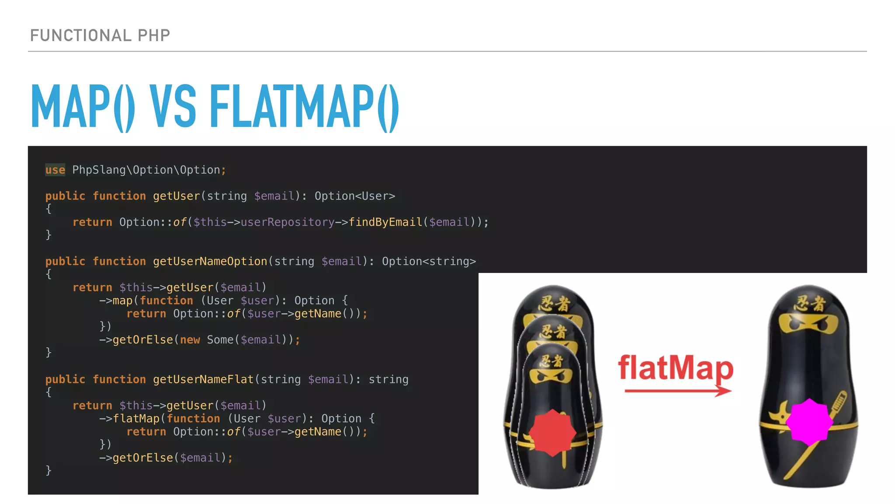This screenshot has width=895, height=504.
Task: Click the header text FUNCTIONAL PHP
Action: point(100,35)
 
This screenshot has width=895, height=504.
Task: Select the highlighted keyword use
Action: point(55,170)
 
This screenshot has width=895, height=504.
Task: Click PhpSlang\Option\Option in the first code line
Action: point(146,170)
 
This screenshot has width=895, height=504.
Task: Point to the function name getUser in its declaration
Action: point(176,196)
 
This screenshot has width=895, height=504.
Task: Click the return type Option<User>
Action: point(354,196)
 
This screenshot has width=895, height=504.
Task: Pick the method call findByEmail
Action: point(385,222)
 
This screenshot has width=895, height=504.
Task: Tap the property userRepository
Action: point(287,222)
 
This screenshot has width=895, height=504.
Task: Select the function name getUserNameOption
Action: point(210,261)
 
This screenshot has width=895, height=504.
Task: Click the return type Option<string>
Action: point(429,261)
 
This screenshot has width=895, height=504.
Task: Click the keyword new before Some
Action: point(190,340)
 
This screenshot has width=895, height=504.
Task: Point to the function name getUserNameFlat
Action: point(203,379)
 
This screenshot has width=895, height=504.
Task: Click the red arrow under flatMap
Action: point(677,390)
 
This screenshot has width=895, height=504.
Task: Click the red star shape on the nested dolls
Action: point(552,433)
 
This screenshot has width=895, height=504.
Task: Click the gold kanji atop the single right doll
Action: point(810,303)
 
